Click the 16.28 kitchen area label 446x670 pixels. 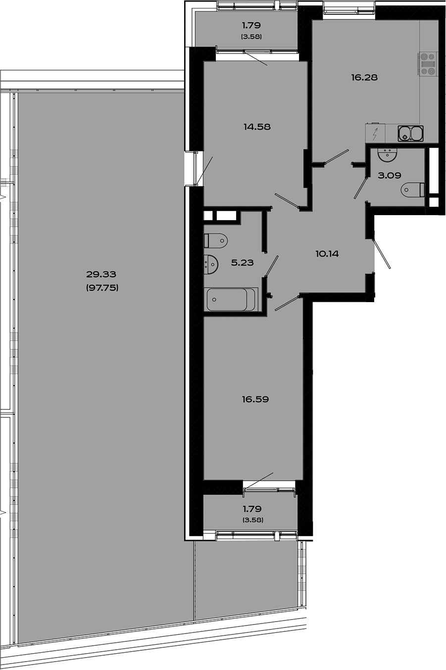tap(364, 77)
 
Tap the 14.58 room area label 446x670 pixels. tap(257, 127)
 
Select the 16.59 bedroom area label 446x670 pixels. tap(255, 399)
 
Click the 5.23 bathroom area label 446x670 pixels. tap(242, 263)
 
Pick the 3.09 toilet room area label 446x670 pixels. tap(389, 175)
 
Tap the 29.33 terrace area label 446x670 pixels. tap(101, 274)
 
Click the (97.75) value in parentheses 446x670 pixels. tap(102, 287)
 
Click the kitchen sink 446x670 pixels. tap(411, 133)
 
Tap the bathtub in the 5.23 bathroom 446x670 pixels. tap(231, 299)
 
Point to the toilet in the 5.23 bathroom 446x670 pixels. tap(216, 240)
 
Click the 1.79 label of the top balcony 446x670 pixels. tap(251, 25)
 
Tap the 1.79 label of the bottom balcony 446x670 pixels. tap(252, 509)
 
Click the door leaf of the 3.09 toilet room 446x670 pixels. tap(360, 188)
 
